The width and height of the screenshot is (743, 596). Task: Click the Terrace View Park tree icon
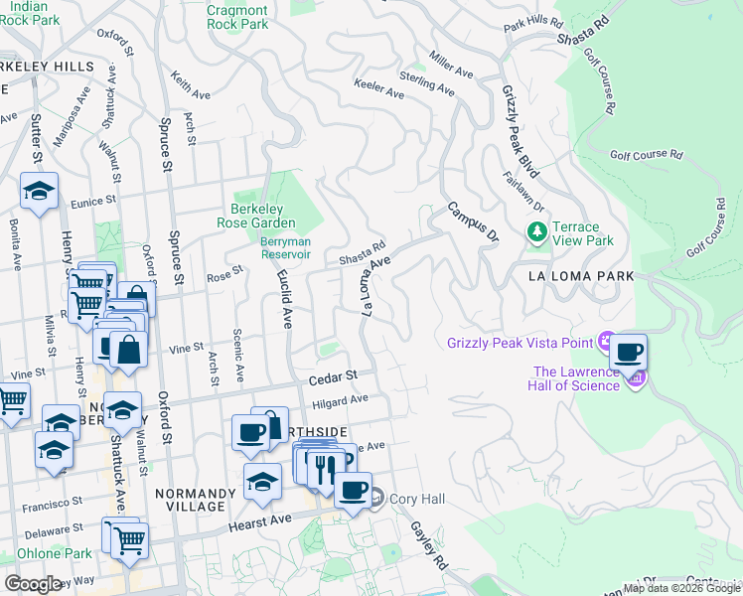pos(537,231)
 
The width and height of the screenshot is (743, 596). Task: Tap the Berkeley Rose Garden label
pos(257,216)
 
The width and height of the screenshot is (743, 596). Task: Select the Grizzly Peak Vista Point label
pos(519,344)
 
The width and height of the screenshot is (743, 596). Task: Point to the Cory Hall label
pos(409,499)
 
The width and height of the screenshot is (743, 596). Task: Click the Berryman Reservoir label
pos(285,247)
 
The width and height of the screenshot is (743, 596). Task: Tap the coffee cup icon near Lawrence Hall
pos(628,352)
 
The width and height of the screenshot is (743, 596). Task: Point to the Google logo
pos(33,583)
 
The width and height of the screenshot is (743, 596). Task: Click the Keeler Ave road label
pos(379,91)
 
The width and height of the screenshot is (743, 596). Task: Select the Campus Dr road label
pos(473,223)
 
